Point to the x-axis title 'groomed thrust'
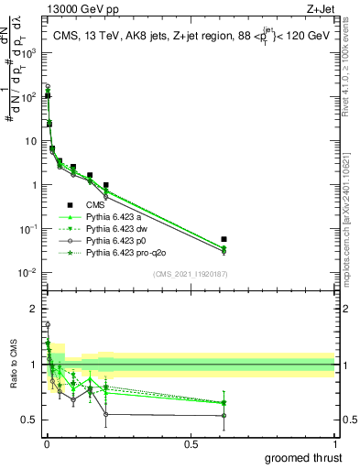(303, 458)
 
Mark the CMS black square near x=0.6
(224, 239)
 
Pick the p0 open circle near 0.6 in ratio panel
(224, 415)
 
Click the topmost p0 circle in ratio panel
(48, 324)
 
